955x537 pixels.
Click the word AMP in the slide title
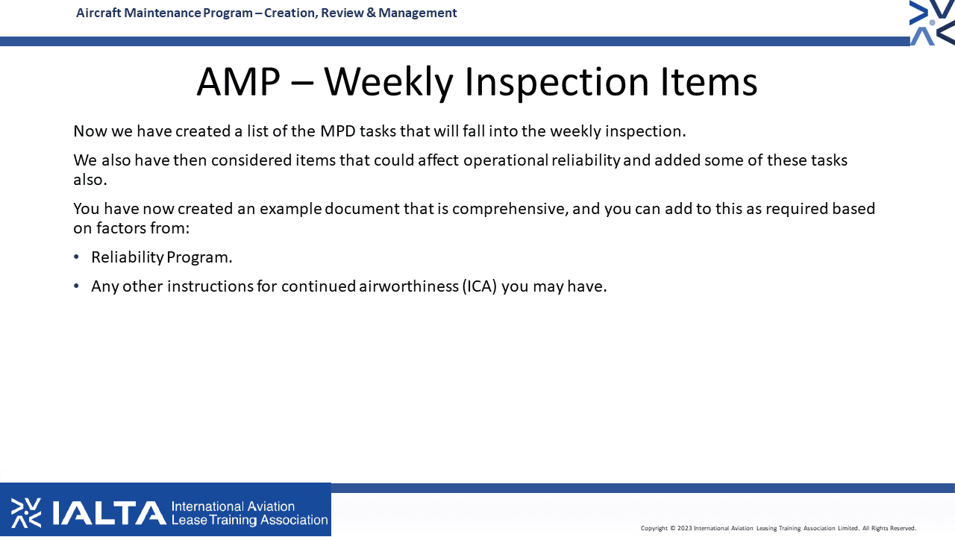(x=238, y=81)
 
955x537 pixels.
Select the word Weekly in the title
(x=388, y=84)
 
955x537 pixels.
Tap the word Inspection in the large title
(x=557, y=84)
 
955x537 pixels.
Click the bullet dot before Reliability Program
(x=76, y=257)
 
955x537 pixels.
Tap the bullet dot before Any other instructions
(x=76, y=286)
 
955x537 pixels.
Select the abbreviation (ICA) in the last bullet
(x=479, y=286)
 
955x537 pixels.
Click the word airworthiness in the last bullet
(x=408, y=286)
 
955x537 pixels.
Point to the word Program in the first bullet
(x=199, y=258)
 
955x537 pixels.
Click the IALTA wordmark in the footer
(x=109, y=512)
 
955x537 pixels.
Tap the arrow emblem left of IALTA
(x=26, y=512)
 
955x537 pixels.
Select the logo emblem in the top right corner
(x=932, y=22)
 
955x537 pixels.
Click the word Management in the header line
(x=417, y=13)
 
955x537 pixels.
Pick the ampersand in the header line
(x=371, y=13)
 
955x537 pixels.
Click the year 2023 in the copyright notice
(x=684, y=529)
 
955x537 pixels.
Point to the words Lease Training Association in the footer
(x=249, y=520)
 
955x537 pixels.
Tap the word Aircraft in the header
(x=98, y=13)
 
